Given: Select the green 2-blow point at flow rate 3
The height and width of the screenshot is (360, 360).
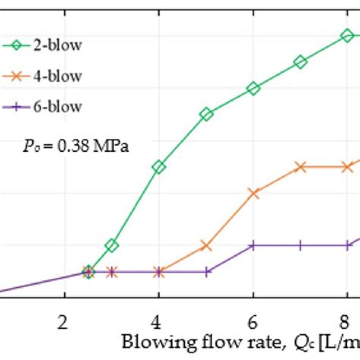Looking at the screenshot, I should [x=112, y=245].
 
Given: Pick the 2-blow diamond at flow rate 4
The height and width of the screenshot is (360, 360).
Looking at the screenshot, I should [x=158, y=167].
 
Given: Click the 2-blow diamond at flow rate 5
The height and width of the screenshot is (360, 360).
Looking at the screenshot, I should [x=206, y=115].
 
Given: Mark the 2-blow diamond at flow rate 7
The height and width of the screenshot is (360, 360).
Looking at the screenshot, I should [x=300, y=62].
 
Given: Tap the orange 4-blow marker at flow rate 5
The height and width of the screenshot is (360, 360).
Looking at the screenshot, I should [x=206, y=245].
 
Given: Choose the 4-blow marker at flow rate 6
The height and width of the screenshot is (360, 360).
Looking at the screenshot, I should [x=253, y=193].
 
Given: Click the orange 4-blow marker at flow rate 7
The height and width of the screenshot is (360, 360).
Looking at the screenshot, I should [x=300, y=167].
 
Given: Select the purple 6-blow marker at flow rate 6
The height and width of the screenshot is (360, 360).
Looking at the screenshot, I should [x=253, y=245].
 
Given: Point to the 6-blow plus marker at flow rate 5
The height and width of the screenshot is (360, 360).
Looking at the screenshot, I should [x=206, y=271].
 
